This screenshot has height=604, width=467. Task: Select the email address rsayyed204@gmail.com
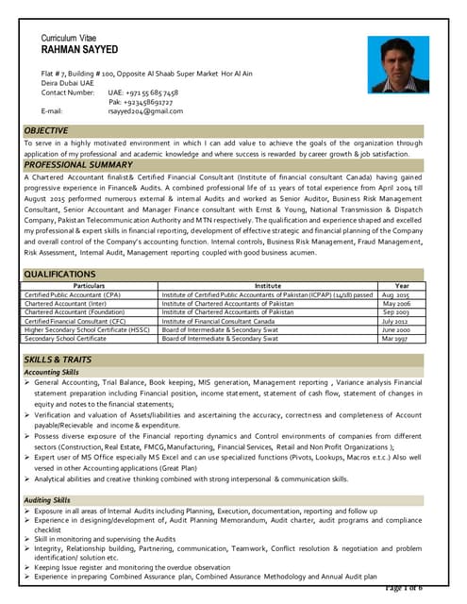coord(144,111)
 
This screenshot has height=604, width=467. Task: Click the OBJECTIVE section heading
coord(46,130)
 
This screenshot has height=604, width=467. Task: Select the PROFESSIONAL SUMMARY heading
coord(79,165)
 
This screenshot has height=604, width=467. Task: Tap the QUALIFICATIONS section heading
coord(60,274)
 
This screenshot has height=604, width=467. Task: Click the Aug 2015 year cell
coord(396,295)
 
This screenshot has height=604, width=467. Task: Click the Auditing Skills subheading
coord(47,499)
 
